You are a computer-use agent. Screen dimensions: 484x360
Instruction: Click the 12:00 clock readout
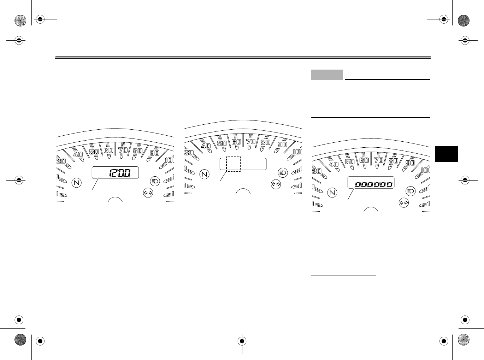coord(119,173)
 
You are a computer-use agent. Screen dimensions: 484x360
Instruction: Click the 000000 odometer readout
coord(374,184)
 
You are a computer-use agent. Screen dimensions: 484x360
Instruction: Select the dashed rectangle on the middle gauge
coord(234,164)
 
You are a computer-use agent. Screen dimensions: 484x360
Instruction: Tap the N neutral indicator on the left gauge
coord(77,183)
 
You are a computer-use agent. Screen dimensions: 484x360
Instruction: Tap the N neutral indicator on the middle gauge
coord(205,174)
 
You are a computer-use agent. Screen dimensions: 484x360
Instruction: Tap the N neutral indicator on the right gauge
coord(332,193)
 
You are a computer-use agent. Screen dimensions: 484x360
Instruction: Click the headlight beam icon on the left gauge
coord(155,181)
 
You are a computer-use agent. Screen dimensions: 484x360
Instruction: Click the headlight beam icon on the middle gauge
coord(283,173)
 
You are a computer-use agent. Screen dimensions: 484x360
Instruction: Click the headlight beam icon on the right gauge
coord(411,191)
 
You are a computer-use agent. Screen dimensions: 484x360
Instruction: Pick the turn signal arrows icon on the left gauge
coord(148,193)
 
